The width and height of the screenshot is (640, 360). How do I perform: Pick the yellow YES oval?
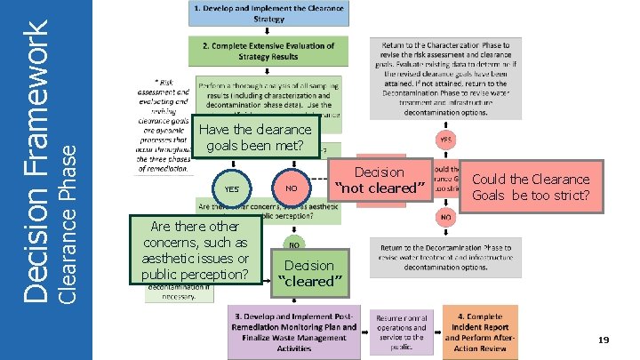click(x=231, y=188)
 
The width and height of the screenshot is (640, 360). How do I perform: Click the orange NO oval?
click(x=292, y=188)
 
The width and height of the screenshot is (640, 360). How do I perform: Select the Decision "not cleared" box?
click(x=379, y=180)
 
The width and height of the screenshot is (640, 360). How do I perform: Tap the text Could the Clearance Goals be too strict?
click(x=530, y=187)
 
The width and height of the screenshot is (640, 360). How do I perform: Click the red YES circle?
click(x=444, y=140)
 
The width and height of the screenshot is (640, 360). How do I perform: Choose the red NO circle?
click(x=444, y=216)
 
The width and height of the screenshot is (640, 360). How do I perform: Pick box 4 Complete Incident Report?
click(x=480, y=330)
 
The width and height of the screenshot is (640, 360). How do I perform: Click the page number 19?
click(x=603, y=340)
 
